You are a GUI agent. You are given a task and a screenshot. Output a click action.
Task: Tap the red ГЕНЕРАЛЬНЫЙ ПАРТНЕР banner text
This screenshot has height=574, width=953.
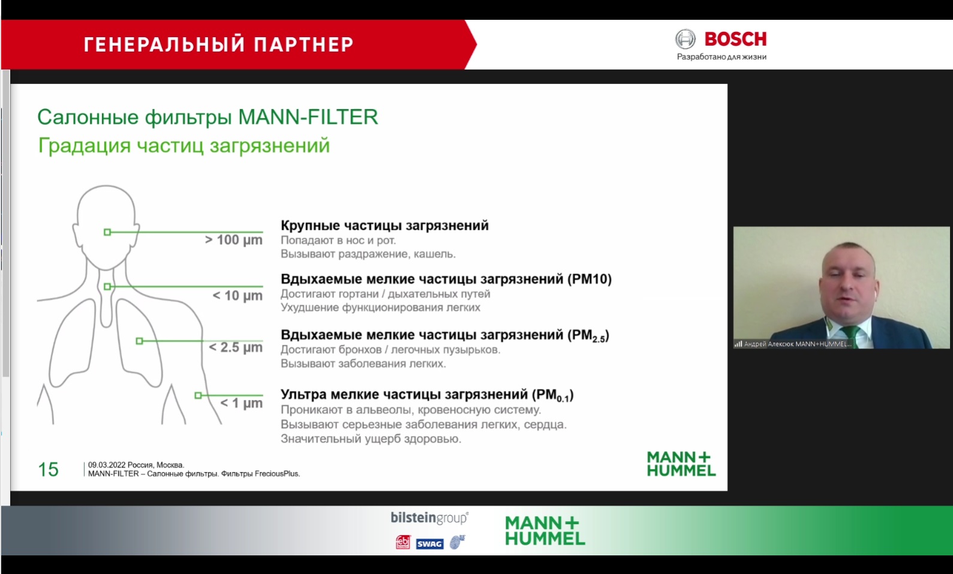pyautogui.click(x=219, y=44)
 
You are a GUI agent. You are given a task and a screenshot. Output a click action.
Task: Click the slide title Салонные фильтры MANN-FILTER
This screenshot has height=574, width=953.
pyautogui.click(x=208, y=117)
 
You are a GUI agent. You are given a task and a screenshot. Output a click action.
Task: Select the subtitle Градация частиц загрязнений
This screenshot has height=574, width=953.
pyautogui.click(x=184, y=146)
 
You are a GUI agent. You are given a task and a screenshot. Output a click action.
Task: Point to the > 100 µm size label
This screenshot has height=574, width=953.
pyautogui.click(x=233, y=240)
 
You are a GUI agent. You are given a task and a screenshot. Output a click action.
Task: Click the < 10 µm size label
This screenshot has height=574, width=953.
pyautogui.click(x=238, y=295)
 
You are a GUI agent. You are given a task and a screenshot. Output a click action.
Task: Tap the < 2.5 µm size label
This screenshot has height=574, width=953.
pyautogui.click(x=235, y=347)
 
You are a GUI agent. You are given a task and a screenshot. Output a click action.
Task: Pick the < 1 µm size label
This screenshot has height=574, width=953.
pyautogui.click(x=241, y=403)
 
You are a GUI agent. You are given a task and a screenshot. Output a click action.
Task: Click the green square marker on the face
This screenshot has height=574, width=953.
pyautogui.click(x=107, y=232)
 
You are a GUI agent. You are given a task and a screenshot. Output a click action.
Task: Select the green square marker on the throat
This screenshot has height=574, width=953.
pyautogui.click(x=107, y=286)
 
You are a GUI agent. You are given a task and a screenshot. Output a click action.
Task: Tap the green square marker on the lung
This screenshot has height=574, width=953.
pyautogui.click(x=139, y=341)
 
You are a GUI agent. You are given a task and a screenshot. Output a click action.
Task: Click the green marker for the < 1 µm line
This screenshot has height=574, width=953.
pyautogui.click(x=198, y=395)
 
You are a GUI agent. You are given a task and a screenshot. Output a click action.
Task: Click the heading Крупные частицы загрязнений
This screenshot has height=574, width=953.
pyautogui.click(x=384, y=225)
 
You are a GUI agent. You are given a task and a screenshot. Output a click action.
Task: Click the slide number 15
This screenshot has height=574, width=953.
pyautogui.click(x=48, y=470)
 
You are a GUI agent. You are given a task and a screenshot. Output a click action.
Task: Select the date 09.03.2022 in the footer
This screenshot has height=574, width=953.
pyautogui.click(x=107, y=465)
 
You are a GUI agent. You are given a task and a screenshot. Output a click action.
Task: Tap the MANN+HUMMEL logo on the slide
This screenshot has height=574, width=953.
pyautogui.click(x=681, y=464)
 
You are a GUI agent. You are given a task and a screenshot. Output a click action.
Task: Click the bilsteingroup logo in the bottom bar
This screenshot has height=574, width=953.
pyautogui.click(x=429, y=518)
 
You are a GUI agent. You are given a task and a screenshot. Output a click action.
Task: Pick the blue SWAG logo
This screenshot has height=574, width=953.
pyautogui.click(x=429, y=544)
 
